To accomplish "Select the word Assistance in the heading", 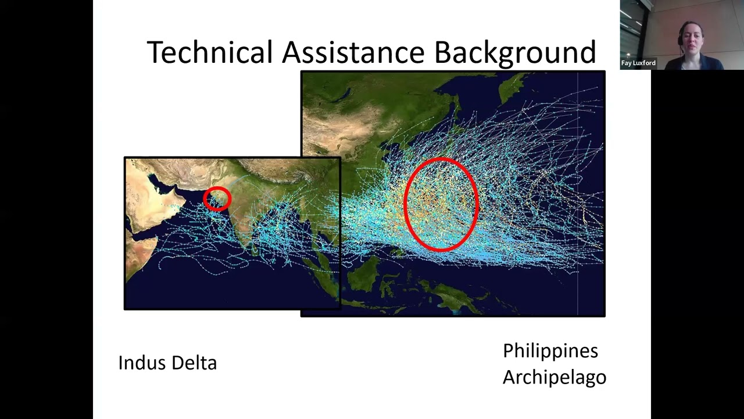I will click(353, 52).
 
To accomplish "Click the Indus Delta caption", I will click(167, 363).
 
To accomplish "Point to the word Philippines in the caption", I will click(550, 351).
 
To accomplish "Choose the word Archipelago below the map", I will click(554, 377).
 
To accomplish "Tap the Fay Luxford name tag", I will click(638, 63).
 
